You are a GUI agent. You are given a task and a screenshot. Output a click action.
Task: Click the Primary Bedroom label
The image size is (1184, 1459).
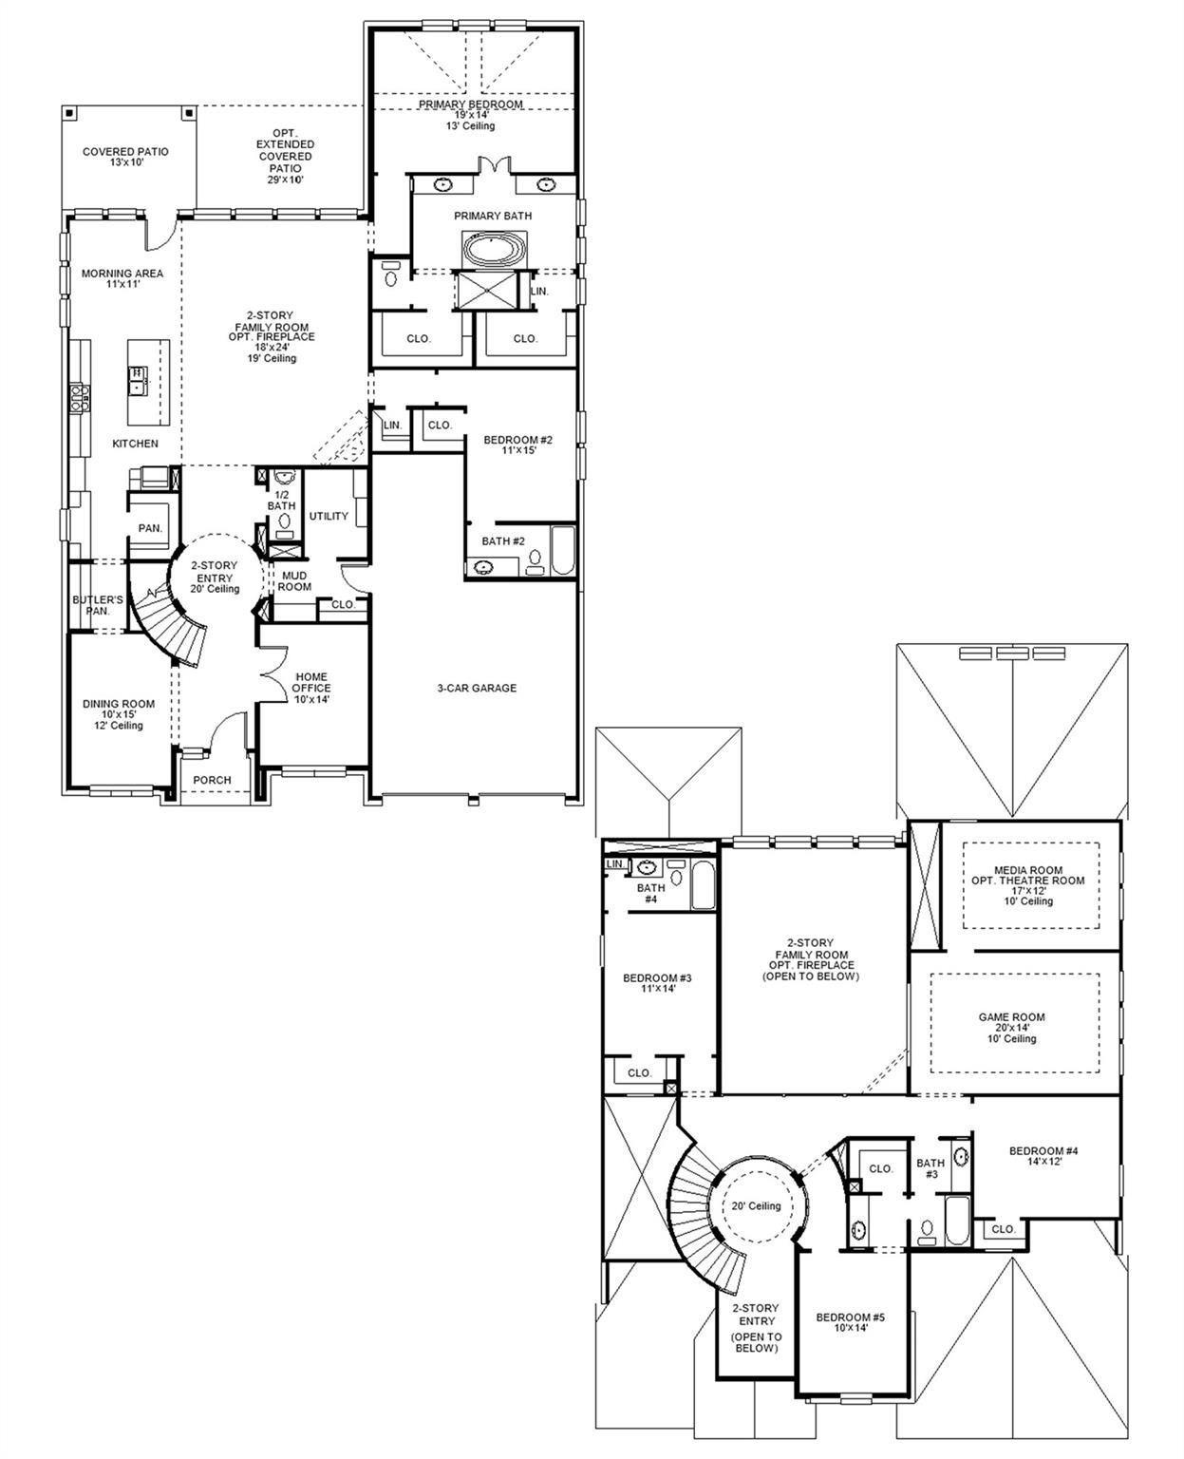(x=471, y=104)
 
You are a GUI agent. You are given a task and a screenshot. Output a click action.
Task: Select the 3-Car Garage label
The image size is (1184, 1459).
(x=477, y=688)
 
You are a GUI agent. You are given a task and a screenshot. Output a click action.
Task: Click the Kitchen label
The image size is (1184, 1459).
(x=136, y=444)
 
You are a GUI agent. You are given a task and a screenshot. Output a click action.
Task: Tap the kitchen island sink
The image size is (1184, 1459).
(x=139, y=379)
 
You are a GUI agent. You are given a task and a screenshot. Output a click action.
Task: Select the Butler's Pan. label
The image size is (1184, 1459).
(x=98, y=605)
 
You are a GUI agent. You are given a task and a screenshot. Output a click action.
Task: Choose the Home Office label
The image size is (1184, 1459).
(x=310, y=688)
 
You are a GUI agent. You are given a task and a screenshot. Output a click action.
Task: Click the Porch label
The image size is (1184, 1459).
(x=212, y=780)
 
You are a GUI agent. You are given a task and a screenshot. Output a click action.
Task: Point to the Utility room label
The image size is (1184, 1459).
(x=329, y=516)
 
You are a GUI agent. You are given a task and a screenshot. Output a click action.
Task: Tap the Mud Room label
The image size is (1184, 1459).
(x=294, y=580)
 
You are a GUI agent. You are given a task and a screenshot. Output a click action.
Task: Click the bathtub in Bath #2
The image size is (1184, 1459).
(x=562, y=551)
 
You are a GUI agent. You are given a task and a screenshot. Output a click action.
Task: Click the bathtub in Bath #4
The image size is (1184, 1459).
(x=703, y=885)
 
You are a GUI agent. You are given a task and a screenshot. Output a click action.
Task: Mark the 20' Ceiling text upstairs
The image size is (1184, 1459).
(x=756, y=1206)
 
